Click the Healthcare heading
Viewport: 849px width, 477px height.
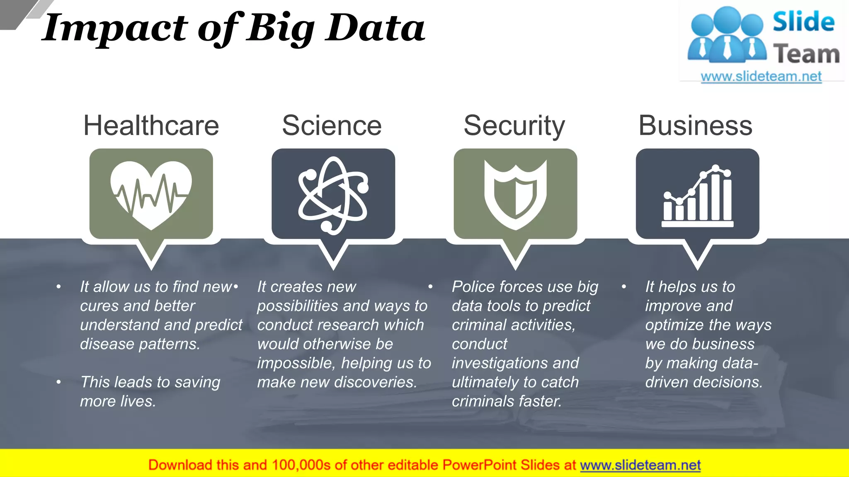click(151, 125)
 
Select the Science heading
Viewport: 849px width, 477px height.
click(332, 125)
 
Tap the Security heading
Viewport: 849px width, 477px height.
click(514, 125)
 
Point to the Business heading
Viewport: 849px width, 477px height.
click(695, 125)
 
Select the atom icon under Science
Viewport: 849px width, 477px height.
click(333, 195)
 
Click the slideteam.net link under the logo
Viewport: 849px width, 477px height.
click(761, 77)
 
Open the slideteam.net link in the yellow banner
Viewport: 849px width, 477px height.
click(640, 465)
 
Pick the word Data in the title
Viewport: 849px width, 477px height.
click(375, 28)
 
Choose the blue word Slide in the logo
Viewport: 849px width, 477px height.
click(803, 22)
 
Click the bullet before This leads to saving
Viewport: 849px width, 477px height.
click(59, 382)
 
